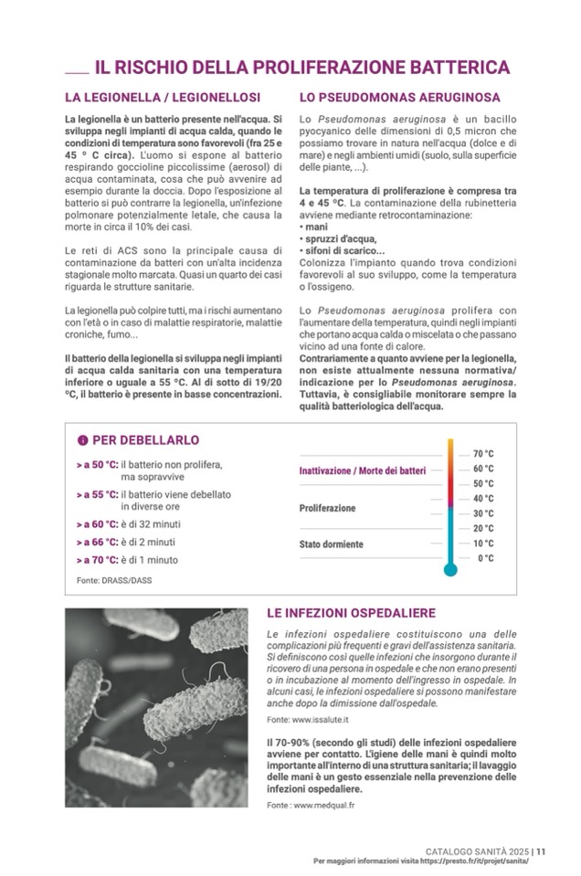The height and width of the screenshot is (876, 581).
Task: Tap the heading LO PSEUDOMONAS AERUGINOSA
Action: [399, 97]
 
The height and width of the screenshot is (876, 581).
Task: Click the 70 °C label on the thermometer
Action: [483, 453]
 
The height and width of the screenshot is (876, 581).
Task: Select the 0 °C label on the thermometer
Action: [485, 558]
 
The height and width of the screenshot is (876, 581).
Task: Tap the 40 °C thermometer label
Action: [483, 499]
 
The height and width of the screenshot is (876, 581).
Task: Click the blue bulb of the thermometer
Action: [449, 570]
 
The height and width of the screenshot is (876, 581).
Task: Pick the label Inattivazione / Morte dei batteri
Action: [363, 470]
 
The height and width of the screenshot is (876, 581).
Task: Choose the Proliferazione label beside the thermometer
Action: [328, 508]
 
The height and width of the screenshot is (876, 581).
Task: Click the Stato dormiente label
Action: [332, 544]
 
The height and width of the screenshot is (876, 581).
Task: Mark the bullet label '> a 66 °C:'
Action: [98, 542]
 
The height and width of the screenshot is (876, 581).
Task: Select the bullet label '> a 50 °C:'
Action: [98, 465]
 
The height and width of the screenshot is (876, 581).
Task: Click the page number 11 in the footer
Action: [541, 850]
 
